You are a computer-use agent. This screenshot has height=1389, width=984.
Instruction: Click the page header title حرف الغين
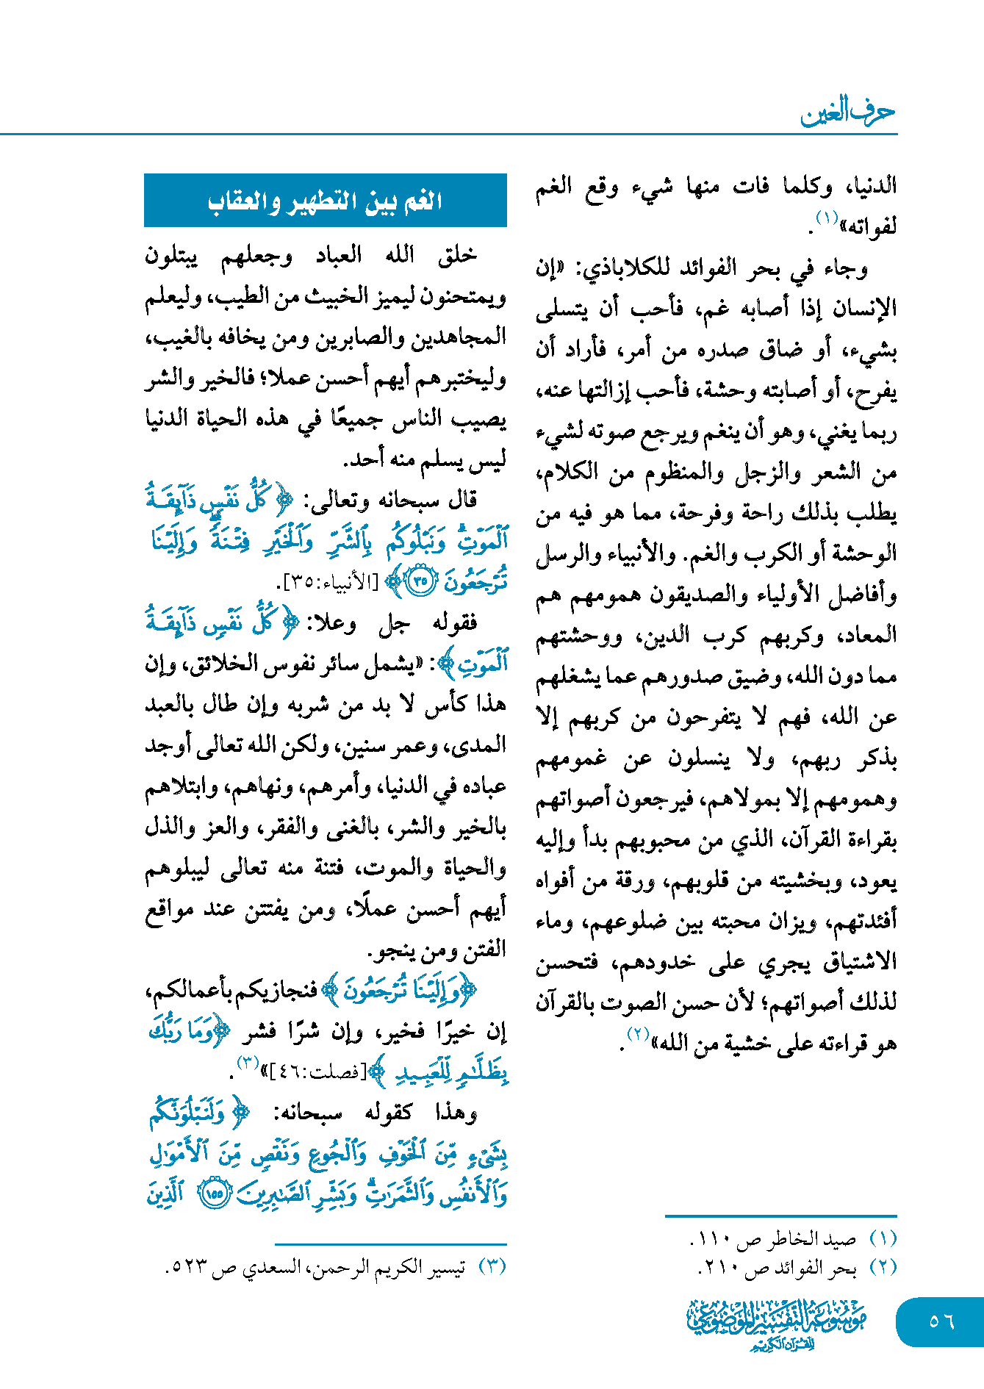(x=847, y=112)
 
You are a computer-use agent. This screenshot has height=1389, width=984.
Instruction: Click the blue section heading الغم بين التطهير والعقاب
(x=325, y=201)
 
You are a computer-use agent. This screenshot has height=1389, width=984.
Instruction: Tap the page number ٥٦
(x=941, y=1321)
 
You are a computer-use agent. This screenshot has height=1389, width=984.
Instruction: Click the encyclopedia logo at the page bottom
(x=776, y=1324)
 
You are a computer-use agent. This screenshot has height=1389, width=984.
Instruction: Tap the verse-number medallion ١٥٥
(x=214, y=1194)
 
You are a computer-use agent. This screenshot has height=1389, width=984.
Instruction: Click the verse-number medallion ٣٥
(x=420, y=582)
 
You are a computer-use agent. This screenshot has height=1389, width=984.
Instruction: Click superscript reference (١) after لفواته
(x=827, y=218)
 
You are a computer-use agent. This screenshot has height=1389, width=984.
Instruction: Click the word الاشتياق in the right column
(x=859, y=962)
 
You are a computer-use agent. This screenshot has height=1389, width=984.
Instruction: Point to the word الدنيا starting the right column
(x=872, y=185)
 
